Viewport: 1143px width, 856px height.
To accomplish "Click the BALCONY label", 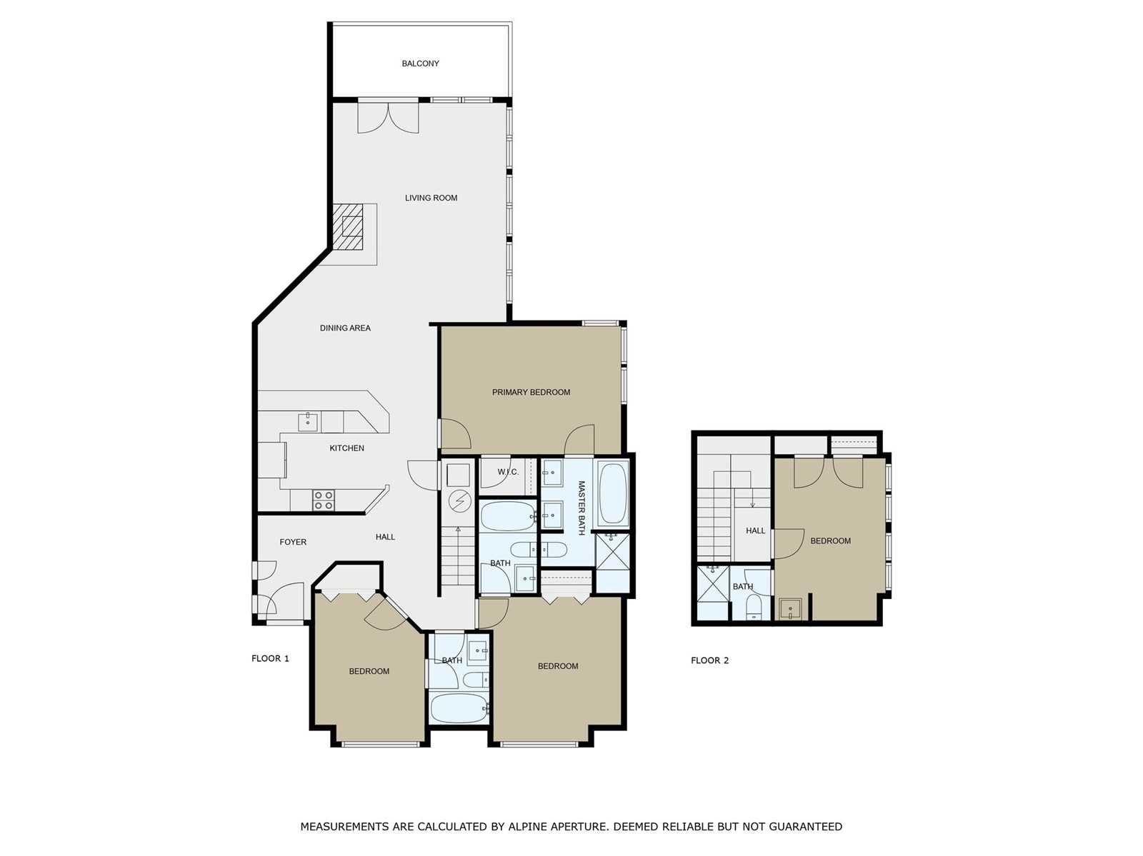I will (420, 64).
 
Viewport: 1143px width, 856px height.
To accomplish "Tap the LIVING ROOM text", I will (431, 198).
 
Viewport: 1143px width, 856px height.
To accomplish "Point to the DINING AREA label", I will (345, 328).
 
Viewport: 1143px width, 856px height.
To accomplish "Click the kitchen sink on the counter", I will (308, 421).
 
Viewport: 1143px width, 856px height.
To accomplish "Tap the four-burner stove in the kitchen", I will (324, 500).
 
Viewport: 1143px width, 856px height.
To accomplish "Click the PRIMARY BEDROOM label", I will (531, 392).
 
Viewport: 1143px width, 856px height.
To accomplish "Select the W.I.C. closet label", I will (507, 472).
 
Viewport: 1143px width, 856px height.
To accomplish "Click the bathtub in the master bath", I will (612, 493).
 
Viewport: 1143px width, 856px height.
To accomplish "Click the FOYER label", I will (293, 542).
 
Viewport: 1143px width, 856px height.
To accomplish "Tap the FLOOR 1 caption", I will (270, 658).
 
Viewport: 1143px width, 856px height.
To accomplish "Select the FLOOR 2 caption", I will (709, 660).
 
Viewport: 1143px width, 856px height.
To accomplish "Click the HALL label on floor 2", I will (755, 530).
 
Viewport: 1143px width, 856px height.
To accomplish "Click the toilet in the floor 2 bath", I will (754, 608).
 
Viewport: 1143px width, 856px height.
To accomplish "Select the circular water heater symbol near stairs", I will (459, 502).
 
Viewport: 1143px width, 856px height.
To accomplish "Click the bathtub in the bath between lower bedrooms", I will (459, 708).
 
